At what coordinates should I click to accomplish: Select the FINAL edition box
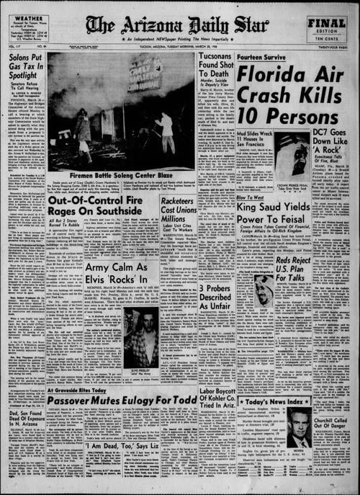click(327, 27)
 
